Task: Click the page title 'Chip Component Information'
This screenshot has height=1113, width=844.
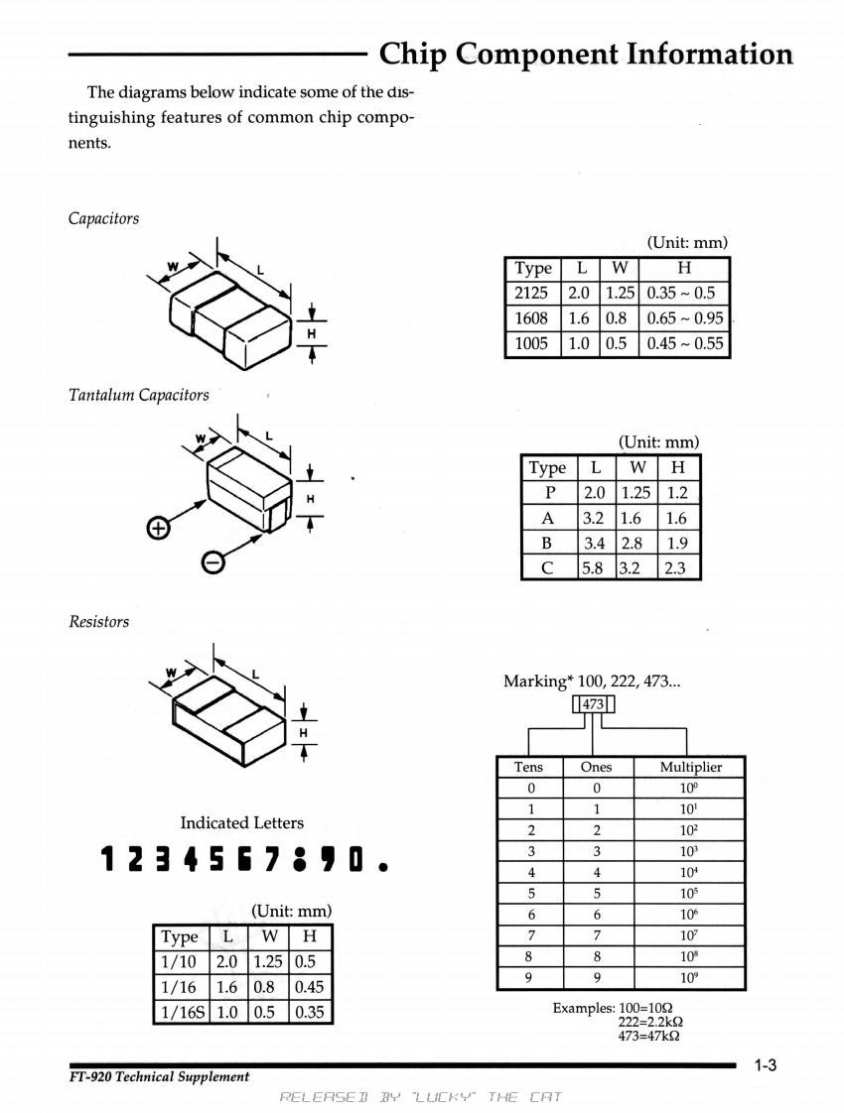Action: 586,54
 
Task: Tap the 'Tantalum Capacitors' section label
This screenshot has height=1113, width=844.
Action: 138,395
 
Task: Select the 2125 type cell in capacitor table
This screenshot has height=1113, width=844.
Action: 533,294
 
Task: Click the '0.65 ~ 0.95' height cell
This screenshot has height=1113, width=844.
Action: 685,318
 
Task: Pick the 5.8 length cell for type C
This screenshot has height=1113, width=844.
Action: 593,567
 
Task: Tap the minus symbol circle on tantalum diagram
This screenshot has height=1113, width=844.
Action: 211,562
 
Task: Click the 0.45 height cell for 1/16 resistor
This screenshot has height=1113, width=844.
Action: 309,987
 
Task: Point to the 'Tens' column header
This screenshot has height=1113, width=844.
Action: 528,767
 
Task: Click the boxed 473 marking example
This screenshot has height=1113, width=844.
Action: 594,705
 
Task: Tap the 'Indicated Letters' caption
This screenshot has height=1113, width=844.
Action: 242,822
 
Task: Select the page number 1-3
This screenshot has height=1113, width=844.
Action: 764,1066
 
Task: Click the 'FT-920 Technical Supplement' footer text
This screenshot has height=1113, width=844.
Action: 159,1077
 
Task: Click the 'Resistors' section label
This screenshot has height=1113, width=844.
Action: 98,622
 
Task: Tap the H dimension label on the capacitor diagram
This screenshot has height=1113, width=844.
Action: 311,333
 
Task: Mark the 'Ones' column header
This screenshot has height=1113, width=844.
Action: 595,767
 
